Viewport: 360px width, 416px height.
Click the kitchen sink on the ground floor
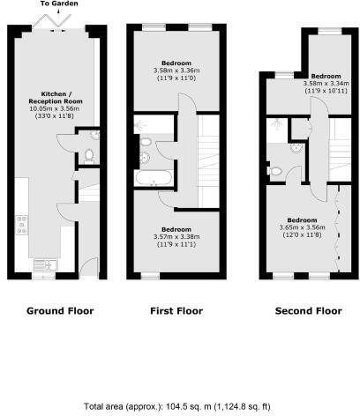[44, 264]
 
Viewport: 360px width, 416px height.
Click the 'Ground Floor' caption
[60, 310]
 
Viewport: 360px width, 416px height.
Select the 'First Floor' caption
[176, 310]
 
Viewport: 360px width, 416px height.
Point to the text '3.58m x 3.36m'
[176, 71]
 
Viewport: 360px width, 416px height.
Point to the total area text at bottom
[180, 406]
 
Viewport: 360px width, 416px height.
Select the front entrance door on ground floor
[86, 267]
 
